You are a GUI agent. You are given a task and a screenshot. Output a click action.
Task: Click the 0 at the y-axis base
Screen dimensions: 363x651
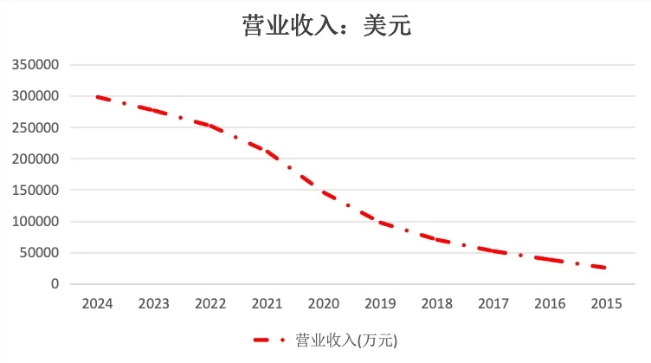click(x=55, y=284)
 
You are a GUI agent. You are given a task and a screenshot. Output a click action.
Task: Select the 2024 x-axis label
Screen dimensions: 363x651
click(x=97, y=304)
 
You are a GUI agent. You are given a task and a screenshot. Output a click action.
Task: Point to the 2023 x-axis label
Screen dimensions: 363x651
click(x=154, y=304)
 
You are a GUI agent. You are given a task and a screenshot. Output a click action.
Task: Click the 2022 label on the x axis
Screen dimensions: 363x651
click(x=210, y=304)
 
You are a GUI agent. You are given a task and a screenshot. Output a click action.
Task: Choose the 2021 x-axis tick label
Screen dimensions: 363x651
click(x=267, y=304)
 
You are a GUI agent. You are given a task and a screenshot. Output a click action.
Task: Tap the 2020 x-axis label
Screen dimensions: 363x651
click(x=324, y=304)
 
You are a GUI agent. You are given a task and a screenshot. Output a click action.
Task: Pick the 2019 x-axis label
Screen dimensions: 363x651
click(x=380, y=304)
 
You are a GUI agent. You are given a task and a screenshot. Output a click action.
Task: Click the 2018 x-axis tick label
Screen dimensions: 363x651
click(x=437, y=304)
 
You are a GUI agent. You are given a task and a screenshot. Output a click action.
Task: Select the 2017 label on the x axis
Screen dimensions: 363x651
click(x=493, y=304)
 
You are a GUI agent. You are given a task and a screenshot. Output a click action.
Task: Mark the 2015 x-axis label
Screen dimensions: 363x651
click(x=607, y=304)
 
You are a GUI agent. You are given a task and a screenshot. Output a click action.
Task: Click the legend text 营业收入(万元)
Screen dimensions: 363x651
click(x=345, y=340)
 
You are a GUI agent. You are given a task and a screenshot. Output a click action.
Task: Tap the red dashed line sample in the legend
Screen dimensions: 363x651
click(x=269, y=340)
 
